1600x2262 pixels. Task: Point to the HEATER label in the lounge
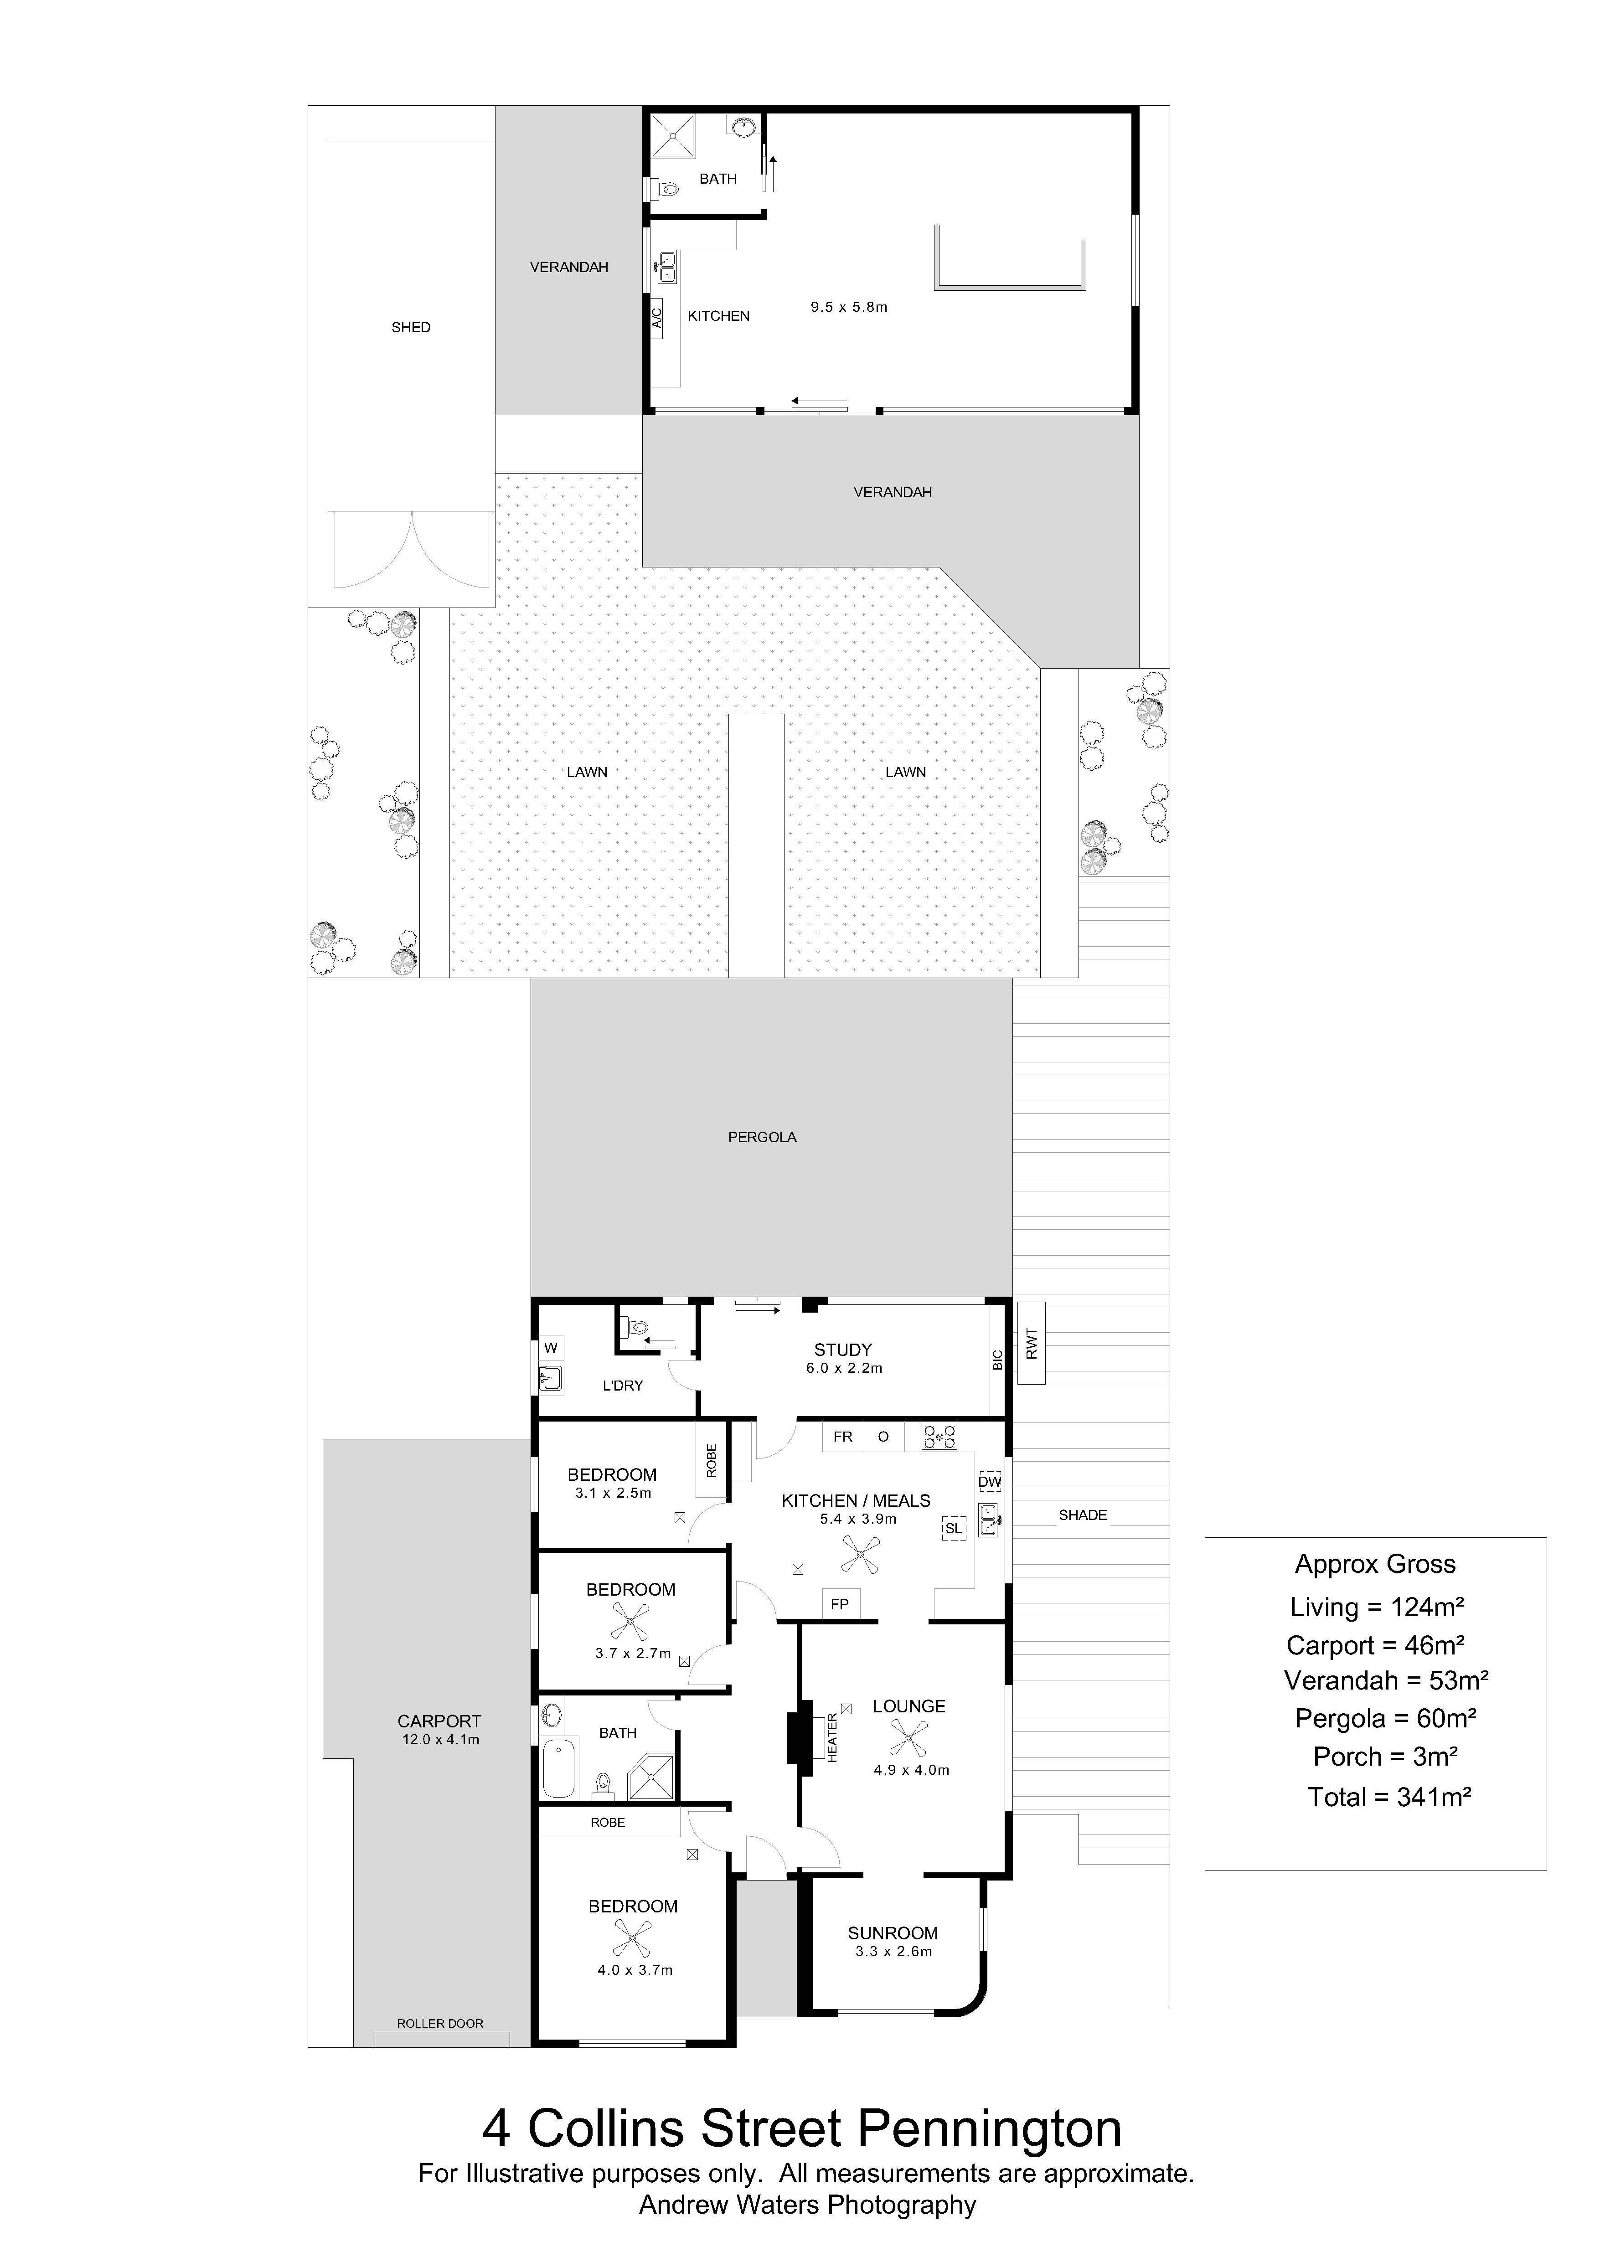[832, 1738]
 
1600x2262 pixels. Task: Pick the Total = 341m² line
[1389, 1798]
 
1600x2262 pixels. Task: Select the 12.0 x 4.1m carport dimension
[440, 1740]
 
